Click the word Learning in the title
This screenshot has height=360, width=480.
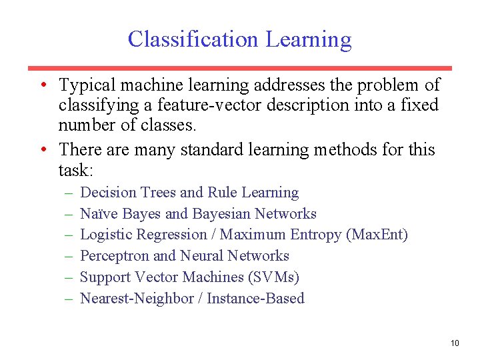point(309,41)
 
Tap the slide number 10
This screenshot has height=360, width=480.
point(455,343)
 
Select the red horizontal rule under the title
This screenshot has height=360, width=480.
point(240,68)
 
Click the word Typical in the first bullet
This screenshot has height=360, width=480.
point(84,85)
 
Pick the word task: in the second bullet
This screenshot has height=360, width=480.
point(79,170)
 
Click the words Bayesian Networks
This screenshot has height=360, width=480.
point(254,213)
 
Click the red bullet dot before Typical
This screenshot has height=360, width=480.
point(42,85)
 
